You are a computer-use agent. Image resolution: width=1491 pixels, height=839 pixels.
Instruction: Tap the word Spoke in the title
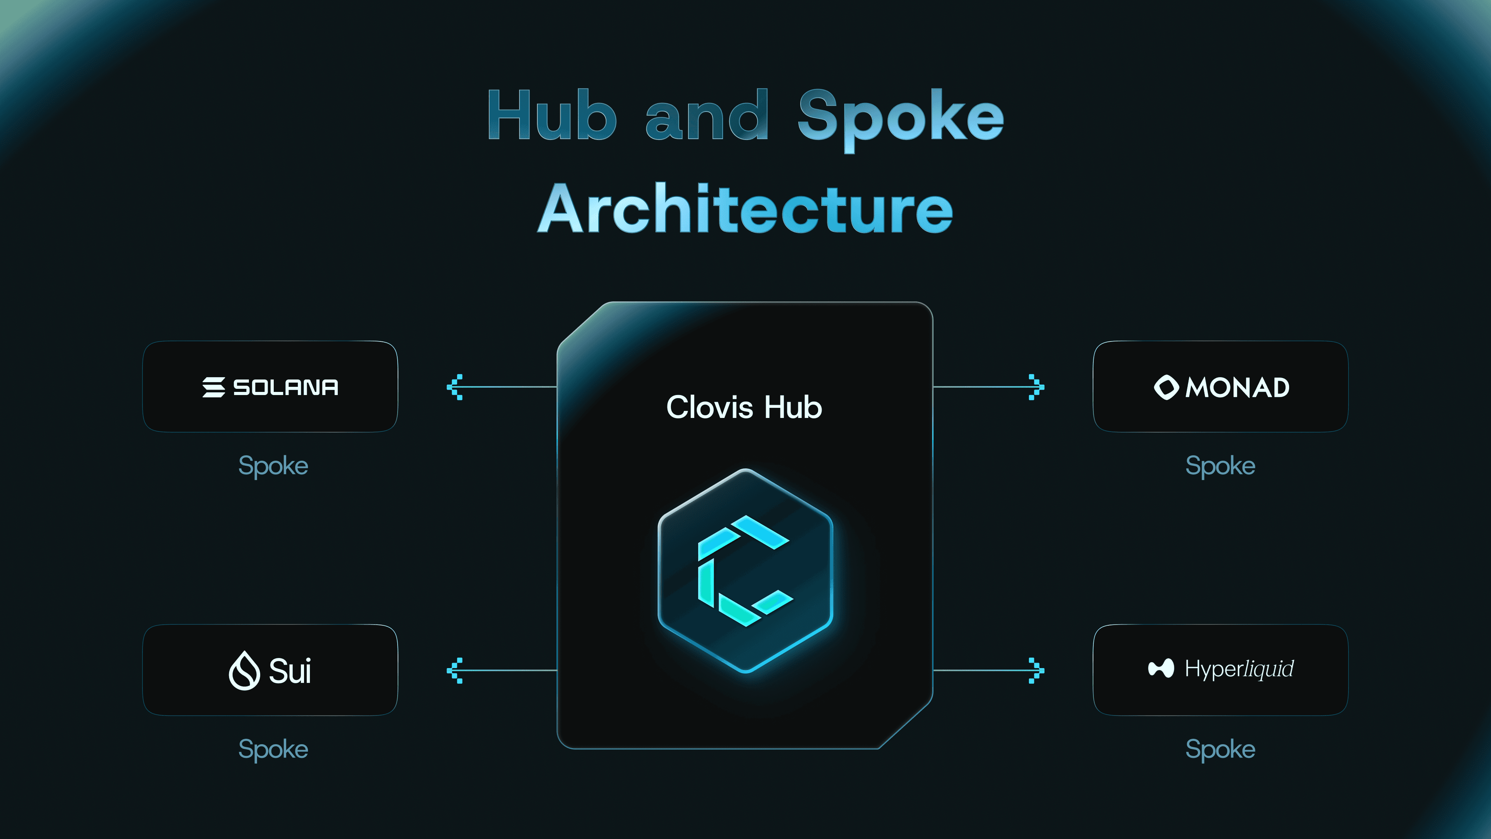(x=901, y=120)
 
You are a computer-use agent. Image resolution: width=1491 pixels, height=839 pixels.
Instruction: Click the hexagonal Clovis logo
(x=745, y=570)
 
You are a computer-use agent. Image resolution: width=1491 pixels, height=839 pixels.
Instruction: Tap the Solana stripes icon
(x=214, y=387)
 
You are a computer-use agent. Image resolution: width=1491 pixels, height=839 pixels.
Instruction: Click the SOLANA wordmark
(x=286, y=387)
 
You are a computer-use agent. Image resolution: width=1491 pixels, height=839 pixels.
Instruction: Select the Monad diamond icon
(x=1166, y=387)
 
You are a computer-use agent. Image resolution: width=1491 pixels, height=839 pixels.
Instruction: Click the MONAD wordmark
(x=1237, y=387)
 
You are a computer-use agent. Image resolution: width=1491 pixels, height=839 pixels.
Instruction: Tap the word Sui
(x=290, y=671)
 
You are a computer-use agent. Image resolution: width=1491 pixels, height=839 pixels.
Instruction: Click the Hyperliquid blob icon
(x=1161, y=668)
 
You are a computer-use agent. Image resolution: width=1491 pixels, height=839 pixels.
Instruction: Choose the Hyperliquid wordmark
(x=1239, y=669)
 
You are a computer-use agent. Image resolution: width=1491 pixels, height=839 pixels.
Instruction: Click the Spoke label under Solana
(x=273, y=466)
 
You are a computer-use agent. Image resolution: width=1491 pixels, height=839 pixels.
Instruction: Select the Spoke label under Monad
(x=1220, y=466)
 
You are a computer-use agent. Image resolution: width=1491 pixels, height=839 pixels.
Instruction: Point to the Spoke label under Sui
(x=273, y=750)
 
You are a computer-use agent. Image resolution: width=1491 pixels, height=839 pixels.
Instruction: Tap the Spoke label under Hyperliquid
(x=1220, y=750)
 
